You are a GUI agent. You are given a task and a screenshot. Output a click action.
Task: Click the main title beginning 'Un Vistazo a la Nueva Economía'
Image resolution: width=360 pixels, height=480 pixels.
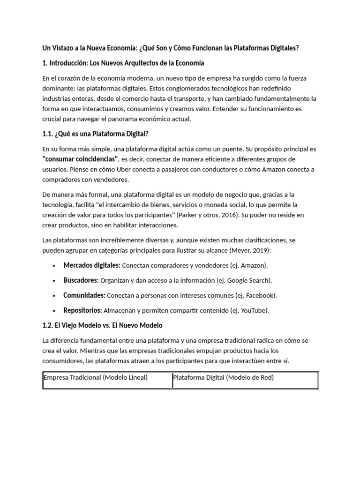click(171, 48)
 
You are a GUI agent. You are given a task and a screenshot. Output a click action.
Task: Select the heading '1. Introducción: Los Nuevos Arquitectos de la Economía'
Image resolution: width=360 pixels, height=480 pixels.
click(123, 63)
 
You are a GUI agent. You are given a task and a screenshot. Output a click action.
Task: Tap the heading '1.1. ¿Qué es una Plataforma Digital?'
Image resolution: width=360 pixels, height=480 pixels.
click(96, 134)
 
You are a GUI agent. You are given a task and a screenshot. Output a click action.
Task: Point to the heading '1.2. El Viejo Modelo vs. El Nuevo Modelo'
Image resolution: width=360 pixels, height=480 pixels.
click(103, 325)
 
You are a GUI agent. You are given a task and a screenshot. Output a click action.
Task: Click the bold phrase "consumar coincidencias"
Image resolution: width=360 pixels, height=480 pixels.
click(80, 158)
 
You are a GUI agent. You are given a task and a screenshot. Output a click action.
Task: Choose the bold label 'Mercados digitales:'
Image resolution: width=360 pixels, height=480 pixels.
click(92, 265)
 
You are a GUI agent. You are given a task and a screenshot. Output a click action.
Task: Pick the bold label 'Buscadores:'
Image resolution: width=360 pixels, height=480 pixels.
click(81, 280)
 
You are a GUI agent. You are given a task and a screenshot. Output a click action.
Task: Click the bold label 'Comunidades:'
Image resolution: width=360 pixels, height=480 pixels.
click(84, 295)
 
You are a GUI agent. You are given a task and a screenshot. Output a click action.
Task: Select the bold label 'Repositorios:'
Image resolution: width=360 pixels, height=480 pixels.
click(83, 310)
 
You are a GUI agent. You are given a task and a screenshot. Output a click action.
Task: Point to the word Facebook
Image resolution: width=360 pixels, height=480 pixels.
click(261, 295)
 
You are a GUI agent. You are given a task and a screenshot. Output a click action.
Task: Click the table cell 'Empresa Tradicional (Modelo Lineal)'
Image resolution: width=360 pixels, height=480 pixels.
click(96, 377)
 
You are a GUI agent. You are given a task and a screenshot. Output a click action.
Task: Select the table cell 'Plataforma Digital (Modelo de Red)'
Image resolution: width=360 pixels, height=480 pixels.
click(223, 377)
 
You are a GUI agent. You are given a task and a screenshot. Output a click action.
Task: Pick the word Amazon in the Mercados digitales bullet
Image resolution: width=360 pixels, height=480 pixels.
click(254, 265)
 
